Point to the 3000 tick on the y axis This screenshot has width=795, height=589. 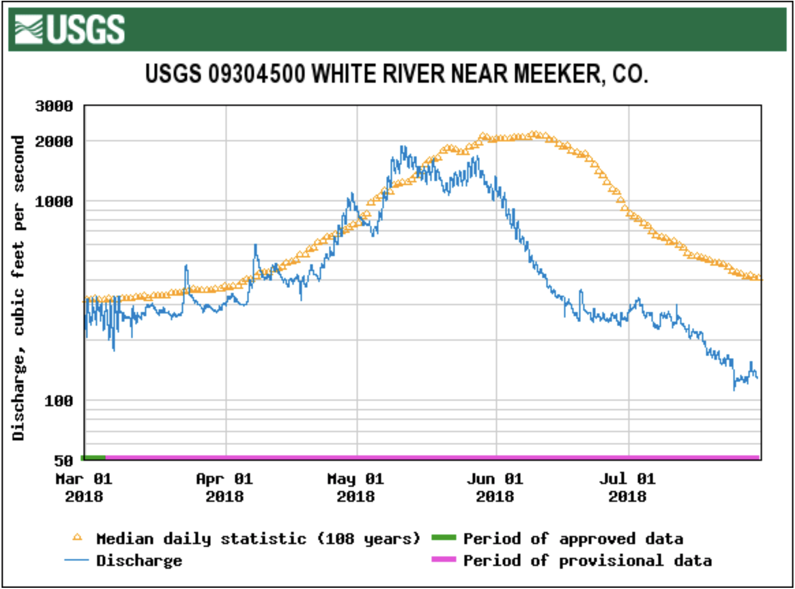[x=54, y=106]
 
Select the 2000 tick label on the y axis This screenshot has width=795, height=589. [x=54, y=141]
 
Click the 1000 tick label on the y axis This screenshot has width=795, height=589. [x=54, y=202]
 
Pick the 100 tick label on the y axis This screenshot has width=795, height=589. [x=59, y=401]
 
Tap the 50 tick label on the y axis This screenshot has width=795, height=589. [x=64, y=461]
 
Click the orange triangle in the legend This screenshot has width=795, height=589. [x=77, y=538]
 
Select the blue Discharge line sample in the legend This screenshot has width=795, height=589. [x=76, y=560]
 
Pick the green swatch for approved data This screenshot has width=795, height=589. [x=444, y=538]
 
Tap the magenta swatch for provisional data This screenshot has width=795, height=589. [x=444, y=560]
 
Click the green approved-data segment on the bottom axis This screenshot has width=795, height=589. [x=94, y=458]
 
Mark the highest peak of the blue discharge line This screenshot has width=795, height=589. [x=402, y=147]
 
